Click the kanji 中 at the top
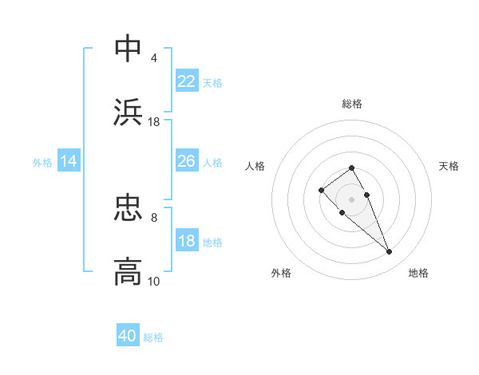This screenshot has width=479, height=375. (x=129, y=49)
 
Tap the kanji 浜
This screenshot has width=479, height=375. (x=129, y=112)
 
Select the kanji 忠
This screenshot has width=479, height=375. (x=129, y=208)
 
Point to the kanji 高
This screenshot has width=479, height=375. (x=129, y=272)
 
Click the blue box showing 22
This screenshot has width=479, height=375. (x=187, y=81)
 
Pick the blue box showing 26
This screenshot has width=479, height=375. (x=187, y=161)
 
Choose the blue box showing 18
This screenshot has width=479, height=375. (x=187, y=241)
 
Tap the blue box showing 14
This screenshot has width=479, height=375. (x=69, y=161)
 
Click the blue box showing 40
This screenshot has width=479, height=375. (x=128, y=336)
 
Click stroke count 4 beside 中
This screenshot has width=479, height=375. (x=154, y=57)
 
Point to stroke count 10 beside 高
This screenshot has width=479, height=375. (x=154, y=281)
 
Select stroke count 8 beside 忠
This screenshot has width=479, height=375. (x=154, y=217)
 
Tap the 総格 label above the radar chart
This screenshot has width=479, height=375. (x=352, y=104)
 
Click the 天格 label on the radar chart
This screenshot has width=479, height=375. (x=449, y=166)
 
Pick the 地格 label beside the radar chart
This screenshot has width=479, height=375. (x=418, y=273)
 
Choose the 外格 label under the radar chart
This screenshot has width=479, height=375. (x=281, y=273)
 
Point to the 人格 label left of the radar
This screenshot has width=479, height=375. (x=255, y=166)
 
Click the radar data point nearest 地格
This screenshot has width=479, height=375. (x=389, y=252)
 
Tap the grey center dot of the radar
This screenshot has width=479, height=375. (x=352, y=199)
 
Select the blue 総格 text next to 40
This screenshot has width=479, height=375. (x=153, y=337)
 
